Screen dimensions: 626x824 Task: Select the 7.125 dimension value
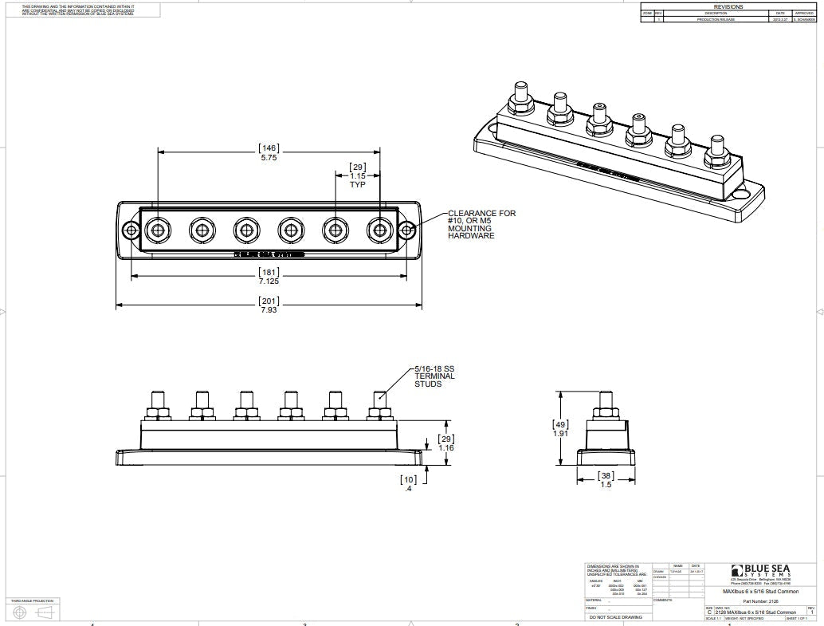[x=269, y=282]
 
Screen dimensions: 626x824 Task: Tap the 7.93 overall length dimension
[x=269, y=310]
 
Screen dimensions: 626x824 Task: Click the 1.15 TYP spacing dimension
[x=357, y=175]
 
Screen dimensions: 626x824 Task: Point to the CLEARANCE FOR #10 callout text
[x=481, y=224]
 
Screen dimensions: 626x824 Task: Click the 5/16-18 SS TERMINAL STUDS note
[x=434, y=376]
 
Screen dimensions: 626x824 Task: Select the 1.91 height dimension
[x=562, y=434]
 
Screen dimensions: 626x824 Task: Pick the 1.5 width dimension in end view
[x=606, y=484]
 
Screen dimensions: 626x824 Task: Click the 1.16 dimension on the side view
[x=446, y=448]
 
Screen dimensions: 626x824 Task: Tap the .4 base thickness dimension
[x=408, y=487]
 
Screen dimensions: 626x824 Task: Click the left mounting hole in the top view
[x=131, y=230]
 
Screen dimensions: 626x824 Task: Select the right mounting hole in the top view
[x=406, y=230]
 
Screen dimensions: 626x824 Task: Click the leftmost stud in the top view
[x=157, y=230]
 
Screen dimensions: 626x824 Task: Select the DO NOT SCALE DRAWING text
[x=614, y=617]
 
